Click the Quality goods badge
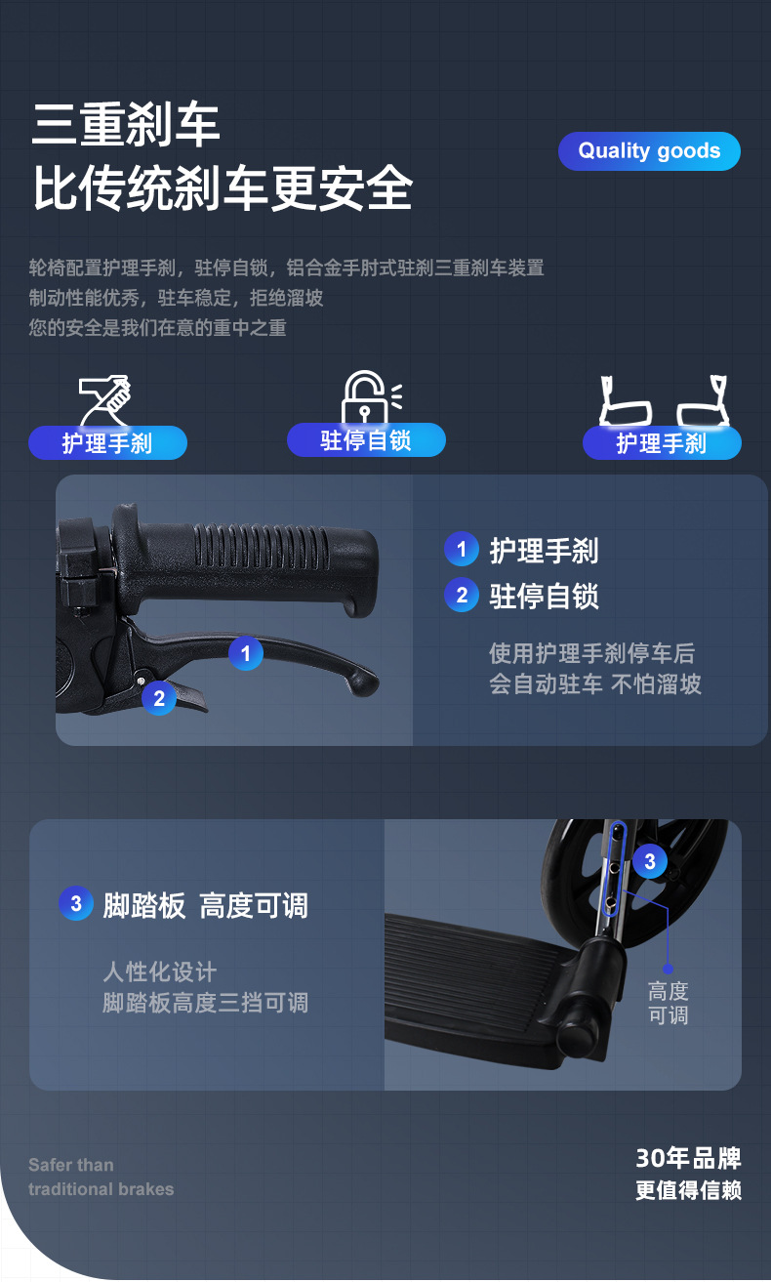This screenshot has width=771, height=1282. (x=649, y=151)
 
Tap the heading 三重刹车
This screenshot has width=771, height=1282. (x=127, y=124)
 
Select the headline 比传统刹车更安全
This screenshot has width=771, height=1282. (x=223, y=188)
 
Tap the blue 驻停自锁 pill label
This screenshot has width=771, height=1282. (x=366, y=440)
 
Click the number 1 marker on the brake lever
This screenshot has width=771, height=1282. (x=246, y=653)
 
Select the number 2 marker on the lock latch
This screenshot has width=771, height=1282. (x=159, y=697)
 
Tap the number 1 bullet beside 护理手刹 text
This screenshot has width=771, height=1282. (x=461, y=550)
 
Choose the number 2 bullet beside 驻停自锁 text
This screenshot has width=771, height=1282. (x=461, y=596)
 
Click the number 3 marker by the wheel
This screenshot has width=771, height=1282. (x=650, y=861)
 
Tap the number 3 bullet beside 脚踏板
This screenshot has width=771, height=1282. (x=76, y=904)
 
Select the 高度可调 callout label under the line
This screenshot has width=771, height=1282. (x=669, y=1004)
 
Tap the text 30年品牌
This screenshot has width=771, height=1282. (x=688, y=1159)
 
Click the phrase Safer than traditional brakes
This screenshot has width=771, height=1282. (x=101, y=1177)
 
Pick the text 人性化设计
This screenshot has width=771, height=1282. (x=160, y=972)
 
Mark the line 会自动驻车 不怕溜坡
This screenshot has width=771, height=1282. (x=595, y=684)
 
